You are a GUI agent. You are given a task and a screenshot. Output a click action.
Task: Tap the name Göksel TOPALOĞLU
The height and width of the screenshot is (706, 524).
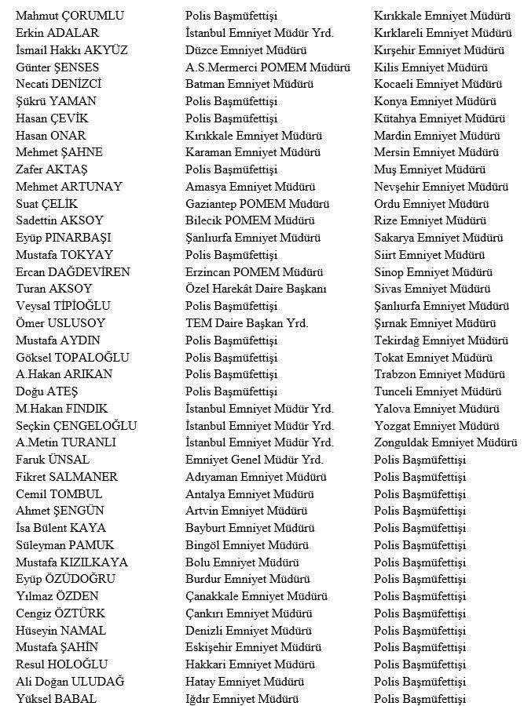72,358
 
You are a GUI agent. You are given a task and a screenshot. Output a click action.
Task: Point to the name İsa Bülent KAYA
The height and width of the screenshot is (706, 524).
60,528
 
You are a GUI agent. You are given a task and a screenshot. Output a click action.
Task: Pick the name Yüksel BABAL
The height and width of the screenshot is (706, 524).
56,699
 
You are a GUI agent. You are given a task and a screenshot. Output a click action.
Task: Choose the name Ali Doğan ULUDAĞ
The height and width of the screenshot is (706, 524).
70,682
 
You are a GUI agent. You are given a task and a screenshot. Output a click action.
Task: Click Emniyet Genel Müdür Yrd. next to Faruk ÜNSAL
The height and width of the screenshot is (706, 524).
254,460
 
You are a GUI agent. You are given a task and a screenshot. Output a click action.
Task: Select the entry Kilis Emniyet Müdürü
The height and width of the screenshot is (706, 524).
431,67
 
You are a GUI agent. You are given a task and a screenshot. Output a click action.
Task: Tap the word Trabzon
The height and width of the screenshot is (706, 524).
398,375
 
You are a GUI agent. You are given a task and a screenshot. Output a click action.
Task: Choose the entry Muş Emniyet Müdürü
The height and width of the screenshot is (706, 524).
430,169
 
